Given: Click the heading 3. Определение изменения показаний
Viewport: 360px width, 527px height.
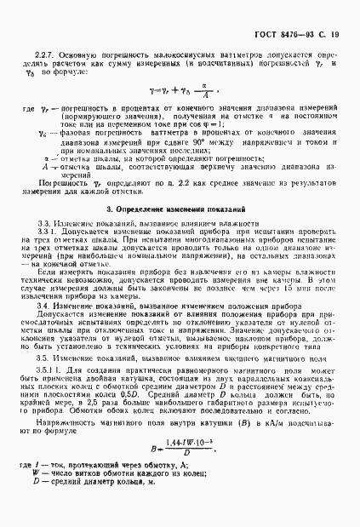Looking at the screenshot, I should [x=180, y=209].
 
